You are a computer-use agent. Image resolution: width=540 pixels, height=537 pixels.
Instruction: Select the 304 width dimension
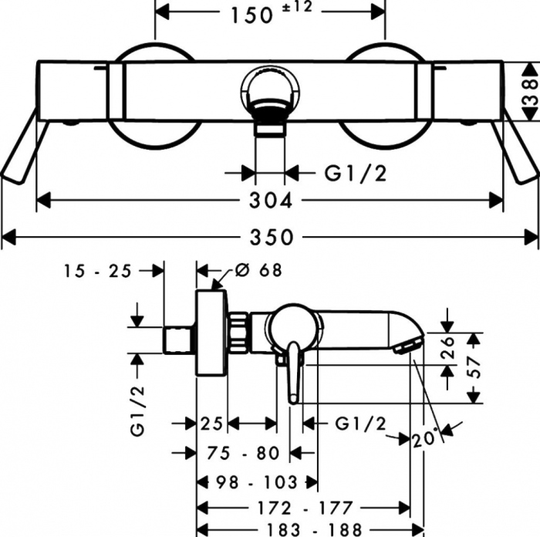click(x=271, y=201)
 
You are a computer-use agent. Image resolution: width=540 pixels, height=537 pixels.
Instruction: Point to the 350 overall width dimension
click(x=271, y=237)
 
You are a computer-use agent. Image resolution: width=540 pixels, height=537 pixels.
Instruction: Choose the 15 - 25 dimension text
click(x=97, y=271)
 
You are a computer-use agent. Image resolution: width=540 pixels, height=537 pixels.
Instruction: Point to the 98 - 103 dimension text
click(x=257, y=483)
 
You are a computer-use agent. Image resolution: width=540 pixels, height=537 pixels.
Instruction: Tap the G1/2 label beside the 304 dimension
click(x=356, y=174)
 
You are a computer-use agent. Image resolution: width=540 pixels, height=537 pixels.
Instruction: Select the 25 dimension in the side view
click(x=211, y=423)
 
